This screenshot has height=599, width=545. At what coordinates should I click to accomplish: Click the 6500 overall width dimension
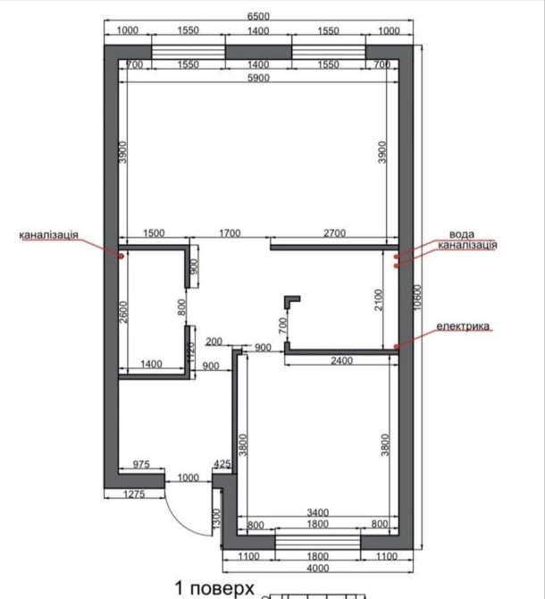point(258,16)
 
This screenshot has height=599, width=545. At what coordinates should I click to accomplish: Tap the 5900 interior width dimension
point(258,78)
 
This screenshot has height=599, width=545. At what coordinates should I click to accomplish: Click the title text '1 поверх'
point(214,588)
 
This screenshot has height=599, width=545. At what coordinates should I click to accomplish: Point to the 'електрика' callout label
point(463,326)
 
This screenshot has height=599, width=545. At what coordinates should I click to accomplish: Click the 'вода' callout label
point(462,234)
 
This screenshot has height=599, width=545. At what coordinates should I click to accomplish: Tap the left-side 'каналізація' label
point(49,234)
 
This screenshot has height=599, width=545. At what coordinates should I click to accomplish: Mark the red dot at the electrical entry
point(396,347)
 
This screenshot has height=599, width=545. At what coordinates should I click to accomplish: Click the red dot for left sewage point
point(121,257)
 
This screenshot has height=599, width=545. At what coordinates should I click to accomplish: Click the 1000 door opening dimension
point(189,477)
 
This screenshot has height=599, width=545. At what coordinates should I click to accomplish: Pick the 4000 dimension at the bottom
point(317,568)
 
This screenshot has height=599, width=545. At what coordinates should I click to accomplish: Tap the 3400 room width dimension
point(317,512)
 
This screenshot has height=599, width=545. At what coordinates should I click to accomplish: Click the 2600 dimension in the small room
point(123,312)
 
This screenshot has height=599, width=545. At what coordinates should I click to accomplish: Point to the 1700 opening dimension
point(230,233)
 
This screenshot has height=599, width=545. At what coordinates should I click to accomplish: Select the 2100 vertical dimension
point(378,299)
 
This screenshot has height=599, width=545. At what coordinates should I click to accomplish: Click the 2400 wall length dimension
point(341,361)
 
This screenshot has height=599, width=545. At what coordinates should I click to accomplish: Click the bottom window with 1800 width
point(317,542)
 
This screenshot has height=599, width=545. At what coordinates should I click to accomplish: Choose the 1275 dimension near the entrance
point(134,494)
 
